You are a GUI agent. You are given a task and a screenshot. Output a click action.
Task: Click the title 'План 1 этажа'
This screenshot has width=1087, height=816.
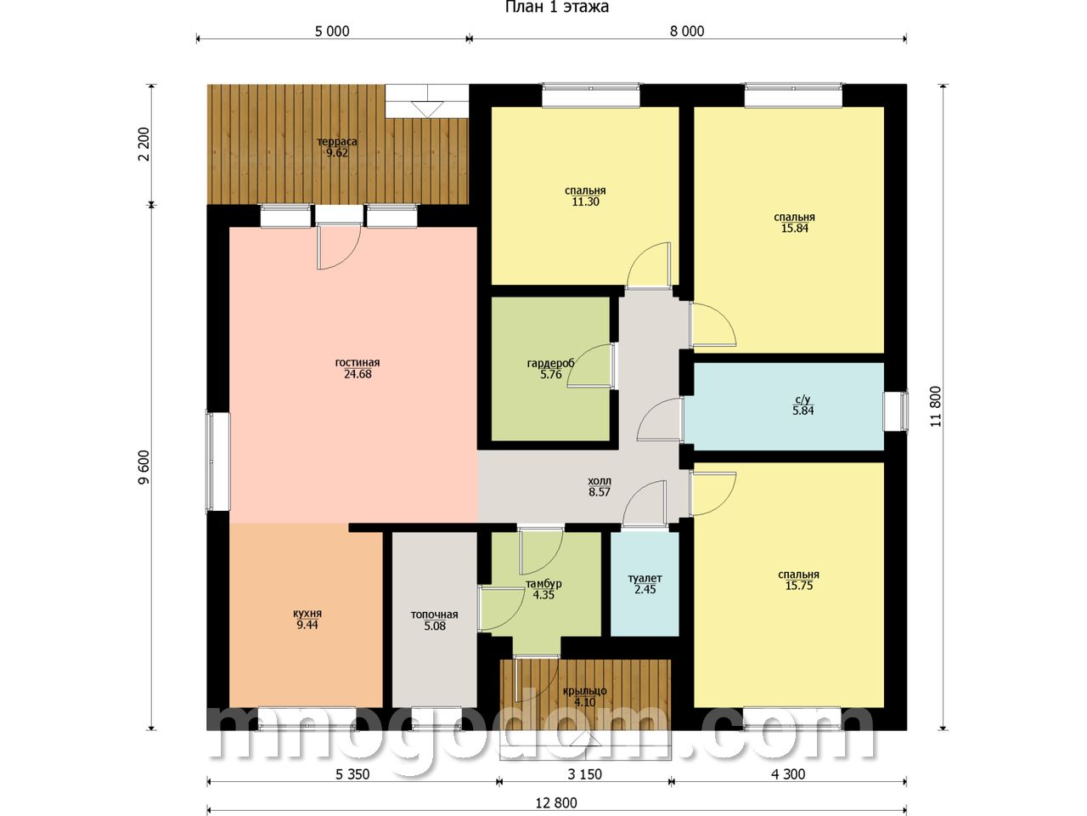556,8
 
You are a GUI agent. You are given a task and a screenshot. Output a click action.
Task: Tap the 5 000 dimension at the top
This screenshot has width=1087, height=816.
332,31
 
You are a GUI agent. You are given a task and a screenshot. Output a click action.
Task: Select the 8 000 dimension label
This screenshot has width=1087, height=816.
687,31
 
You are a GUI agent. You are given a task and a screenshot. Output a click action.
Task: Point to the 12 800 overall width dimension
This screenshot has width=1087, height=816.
556,802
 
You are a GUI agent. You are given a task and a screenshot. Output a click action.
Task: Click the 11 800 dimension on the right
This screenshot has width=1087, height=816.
936,406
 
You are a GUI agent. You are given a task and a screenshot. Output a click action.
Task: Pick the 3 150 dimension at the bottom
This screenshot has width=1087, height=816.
584,773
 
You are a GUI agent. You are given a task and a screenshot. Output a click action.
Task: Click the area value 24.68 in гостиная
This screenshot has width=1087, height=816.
358,374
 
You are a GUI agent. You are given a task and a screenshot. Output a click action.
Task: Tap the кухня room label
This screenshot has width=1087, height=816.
307,614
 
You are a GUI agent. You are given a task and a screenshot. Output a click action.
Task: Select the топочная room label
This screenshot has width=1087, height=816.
434,615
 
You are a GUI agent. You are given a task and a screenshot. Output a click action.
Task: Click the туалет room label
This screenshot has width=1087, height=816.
645,578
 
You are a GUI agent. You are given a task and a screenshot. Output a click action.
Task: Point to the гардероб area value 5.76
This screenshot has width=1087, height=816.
550,375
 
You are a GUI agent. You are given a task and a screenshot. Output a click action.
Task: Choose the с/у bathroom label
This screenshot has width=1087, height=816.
803,399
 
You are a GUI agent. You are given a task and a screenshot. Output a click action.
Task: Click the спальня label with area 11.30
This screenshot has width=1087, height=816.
585,190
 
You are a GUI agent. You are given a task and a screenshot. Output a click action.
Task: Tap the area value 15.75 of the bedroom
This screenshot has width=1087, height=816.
799,586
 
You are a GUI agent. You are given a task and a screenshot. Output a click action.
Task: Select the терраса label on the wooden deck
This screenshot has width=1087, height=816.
337,142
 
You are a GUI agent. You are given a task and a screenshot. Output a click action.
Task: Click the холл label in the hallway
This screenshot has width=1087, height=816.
600,480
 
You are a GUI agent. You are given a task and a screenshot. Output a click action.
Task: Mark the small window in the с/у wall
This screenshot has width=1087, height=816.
896,411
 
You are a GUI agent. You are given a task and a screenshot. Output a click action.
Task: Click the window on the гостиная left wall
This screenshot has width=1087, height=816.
218,462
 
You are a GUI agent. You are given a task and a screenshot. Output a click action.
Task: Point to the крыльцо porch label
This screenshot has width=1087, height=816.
584,691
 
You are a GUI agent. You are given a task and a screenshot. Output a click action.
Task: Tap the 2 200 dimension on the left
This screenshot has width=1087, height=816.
144,144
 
